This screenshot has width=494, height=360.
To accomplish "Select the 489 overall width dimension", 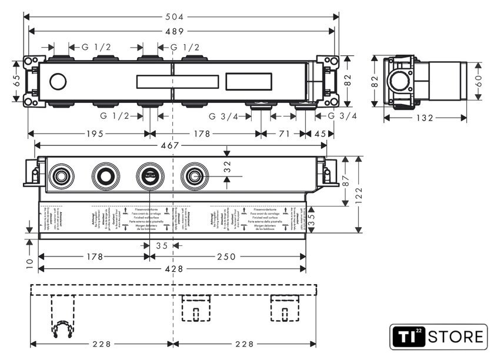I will point(178,31).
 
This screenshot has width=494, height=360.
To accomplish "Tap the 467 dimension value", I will point(172,145).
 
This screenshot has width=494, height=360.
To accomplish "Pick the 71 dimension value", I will point(283,134).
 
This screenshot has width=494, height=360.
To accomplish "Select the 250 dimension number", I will point(226,256).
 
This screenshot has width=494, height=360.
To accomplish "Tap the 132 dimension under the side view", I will point(425,118).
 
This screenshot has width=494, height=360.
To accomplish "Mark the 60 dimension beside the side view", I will point(479,81).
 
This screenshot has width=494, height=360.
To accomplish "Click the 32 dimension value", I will point(227,169).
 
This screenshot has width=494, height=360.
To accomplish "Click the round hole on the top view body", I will point(58,81).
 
